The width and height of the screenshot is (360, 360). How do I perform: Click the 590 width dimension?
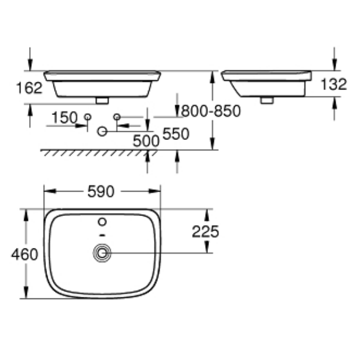pyautogui.click(x=102, y=191)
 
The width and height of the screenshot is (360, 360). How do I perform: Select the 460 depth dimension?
pyautogui.click(x=24, y=254)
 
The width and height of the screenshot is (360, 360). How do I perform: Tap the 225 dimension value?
pyautogui.click(x=206, y=232)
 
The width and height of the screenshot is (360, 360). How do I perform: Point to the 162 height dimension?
pyautogui.click(x=29, y=88)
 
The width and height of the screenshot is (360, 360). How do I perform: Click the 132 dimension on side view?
pyautogui.click(x=333, y=84)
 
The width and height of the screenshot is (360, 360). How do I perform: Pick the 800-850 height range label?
pyautogui.click(x=211, y=111)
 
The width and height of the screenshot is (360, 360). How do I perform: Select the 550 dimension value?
pyautogui.click(x=176, y=134)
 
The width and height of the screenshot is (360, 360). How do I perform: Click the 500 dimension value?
pyautogui.click(x=145, y=141)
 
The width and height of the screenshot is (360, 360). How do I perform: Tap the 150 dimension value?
pyautogui.click(x=64, y=118)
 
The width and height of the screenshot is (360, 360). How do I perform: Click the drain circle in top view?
pyautogui.click(x=103, y=253)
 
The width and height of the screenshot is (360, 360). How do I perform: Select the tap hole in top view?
pyautogui.click(x=103, y=221)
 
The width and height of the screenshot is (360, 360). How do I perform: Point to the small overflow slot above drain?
pyautogui.click(x=103, y=235)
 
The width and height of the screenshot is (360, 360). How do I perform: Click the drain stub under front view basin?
pyautogui.click(x=102, y=100)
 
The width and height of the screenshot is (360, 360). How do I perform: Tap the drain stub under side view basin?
pyautogui.click(x=267, y=100)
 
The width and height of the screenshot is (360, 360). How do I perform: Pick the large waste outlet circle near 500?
pyautogui.click(x=102, y=132)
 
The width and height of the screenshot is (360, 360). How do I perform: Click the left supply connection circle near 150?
pyautogui.click(x=88, y=117)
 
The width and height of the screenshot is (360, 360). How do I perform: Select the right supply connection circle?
pyautogui.click(x=116, y=117)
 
